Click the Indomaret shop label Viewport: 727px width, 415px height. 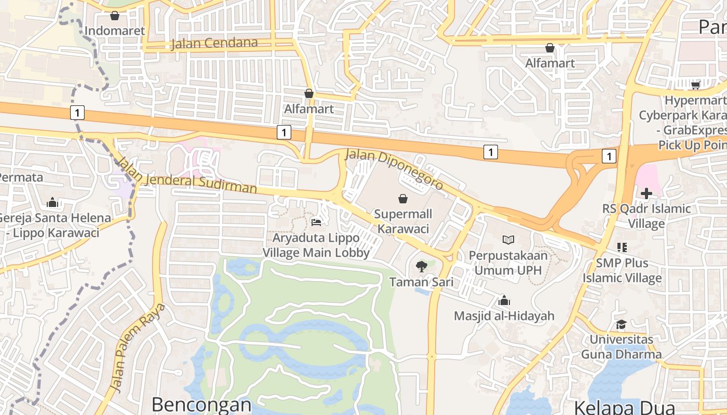[x=115, y=31]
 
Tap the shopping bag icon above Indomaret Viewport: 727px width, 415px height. [x=115, y=16]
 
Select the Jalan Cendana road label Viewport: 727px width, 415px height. [x=214, y=43]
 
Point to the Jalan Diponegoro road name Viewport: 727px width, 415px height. [x=395, y=169]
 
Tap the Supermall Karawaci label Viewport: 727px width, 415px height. [x=402, y=221]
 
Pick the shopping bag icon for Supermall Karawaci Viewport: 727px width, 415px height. [x=402, y=198]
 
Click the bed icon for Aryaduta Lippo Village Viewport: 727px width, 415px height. [x=316, y=222]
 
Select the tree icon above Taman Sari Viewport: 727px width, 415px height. [x=421, y=267]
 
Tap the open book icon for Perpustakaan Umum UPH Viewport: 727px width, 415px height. [x=508, y=240]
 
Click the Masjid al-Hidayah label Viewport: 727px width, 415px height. [x=504, y=315]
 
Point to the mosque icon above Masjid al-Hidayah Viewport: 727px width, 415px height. [x=504, y=300]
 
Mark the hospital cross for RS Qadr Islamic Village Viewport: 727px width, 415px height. [x=646, y=193]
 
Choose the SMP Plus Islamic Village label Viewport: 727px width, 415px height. [x=622, y=270]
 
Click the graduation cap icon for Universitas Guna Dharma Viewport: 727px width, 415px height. [x=621, y=325]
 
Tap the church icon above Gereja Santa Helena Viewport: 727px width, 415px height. [x=52, y=202]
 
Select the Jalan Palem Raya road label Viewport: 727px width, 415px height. [x=139, y=348]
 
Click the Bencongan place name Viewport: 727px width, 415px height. [x=201, y=405]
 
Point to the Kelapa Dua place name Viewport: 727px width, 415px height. [x=624, y=408]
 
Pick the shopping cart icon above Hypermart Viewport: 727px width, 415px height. [x=695, y=85]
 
